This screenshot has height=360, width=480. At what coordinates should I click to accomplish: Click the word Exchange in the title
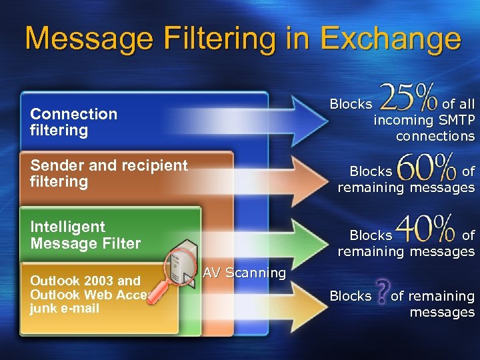tap(391, 39)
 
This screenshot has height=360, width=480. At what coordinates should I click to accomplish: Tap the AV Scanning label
tap(244, 273)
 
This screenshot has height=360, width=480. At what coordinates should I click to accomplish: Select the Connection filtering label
tap(73, 122)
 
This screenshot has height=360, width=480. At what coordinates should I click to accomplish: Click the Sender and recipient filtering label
tap(109, 173)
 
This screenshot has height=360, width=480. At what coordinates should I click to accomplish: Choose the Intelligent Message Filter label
tap(85, 235)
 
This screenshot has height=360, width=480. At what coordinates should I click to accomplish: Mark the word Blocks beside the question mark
tap(351, 296)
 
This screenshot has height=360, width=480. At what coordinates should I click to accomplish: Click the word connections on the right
tap(435, 137)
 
